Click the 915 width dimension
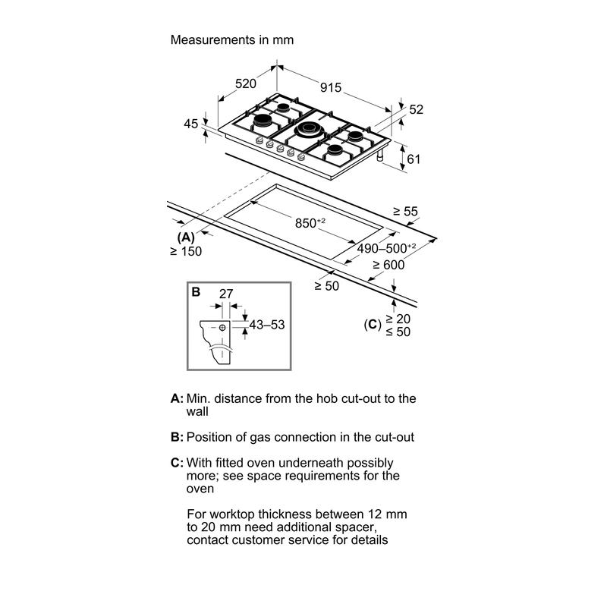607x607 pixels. (331, 87)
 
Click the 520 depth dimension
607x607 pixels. (246, 83)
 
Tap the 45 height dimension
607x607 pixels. (191, 124)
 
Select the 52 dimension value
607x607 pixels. (416, 109)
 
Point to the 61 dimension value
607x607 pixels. (414, 159)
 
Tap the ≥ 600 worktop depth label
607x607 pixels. (388, 265)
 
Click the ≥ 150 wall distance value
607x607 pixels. (186, 252)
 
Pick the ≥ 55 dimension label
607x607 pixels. (406, 212)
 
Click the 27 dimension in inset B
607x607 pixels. (226, 294)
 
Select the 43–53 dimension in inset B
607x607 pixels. (267, 325)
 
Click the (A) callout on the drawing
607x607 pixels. (186, 237)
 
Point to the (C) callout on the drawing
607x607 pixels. (373, 325)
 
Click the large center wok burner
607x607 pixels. (308, 129)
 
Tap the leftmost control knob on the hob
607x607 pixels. (259, 141)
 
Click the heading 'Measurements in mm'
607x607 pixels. (232, 40)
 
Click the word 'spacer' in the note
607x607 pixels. (354, 527)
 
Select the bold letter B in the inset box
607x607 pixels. (196, 292)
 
